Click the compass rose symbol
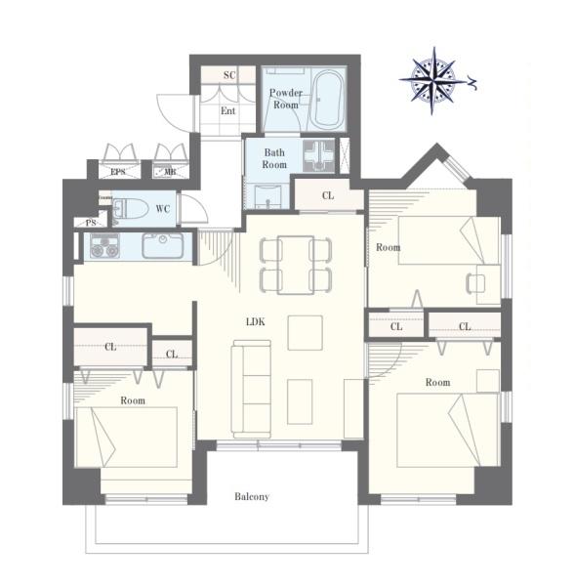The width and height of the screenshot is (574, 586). [x=433, y=80]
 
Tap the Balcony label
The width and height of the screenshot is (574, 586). [x=252, y=497]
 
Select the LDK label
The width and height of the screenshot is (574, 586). [x=256, y=321]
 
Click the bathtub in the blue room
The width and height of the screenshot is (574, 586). [x=326, y=99]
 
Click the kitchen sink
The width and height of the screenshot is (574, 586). [x=163, y=245]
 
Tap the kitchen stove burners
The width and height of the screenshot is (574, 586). [x=105, y=246]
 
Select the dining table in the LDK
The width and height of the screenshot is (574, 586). [x=296, y=265]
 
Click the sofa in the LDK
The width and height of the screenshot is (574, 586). [x=251, y=389]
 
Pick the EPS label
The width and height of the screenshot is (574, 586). [x=118, y=172]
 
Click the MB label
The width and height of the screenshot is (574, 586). [x=170, y=172]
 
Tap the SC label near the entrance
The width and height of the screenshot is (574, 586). [x=229, y=75]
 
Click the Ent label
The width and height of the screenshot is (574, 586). [x=227, y=111]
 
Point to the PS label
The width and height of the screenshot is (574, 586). [x=91, y=223]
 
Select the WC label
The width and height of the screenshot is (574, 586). [x=163, y=209]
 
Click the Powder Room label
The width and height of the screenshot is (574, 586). [x=286, y=99]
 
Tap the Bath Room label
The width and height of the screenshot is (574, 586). [x=274, y=158]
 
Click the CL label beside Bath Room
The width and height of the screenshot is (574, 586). [x=328, y=195]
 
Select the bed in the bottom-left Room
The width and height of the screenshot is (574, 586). [x=126, y=438]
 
